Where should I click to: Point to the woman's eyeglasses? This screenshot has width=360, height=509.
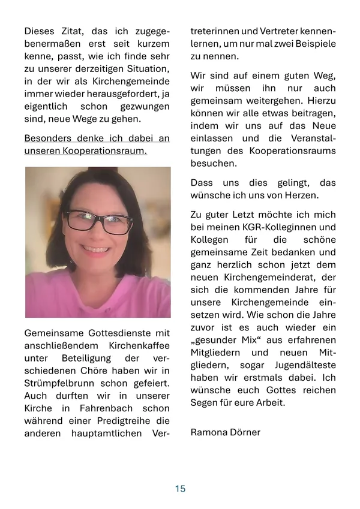[99, 221]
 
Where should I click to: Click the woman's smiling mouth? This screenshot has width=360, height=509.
[97, 248]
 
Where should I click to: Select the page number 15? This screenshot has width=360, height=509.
[180, 489]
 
